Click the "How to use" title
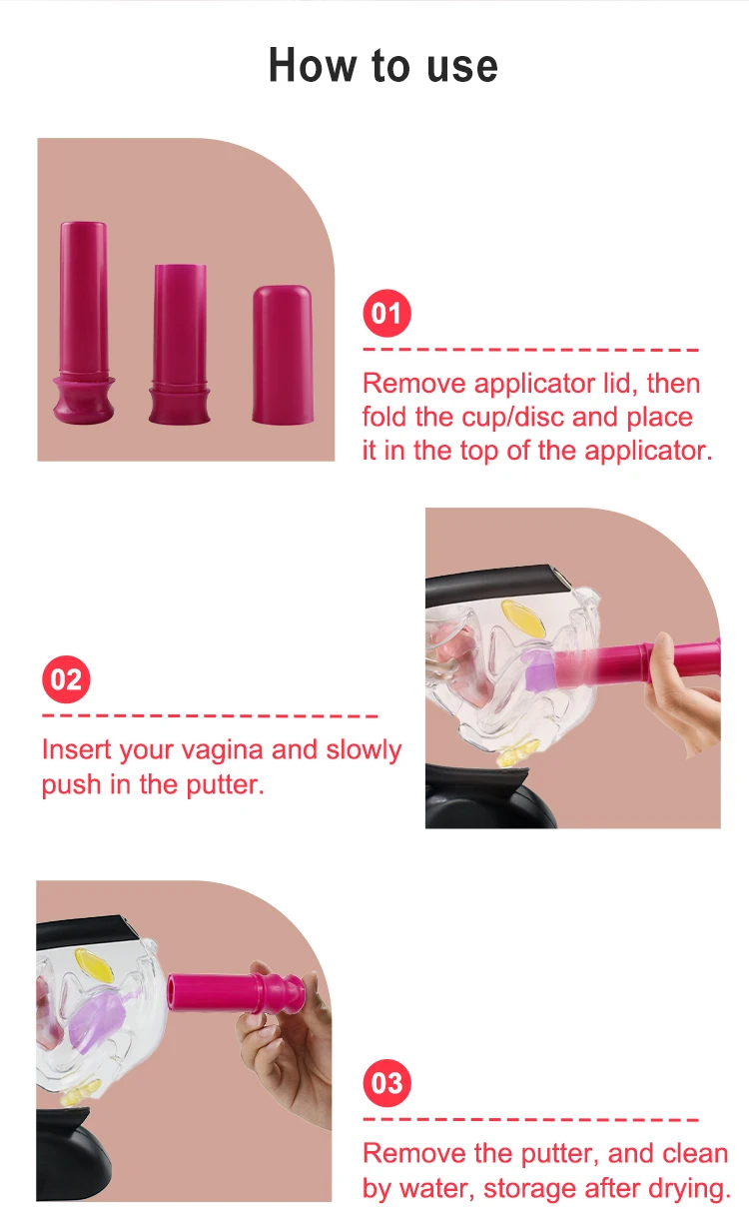tap(382, 66)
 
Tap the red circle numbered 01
tap(386, 315)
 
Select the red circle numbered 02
tap(66, 680)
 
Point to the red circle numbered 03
tap(386, 1084)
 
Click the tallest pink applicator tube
tap(83, 300)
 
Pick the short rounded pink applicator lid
tap(283, 355)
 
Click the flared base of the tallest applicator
tap(83, 400)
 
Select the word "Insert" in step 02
tap(77, 750)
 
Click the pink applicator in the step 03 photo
tap(230, 995)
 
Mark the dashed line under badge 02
tap(210, 716)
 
